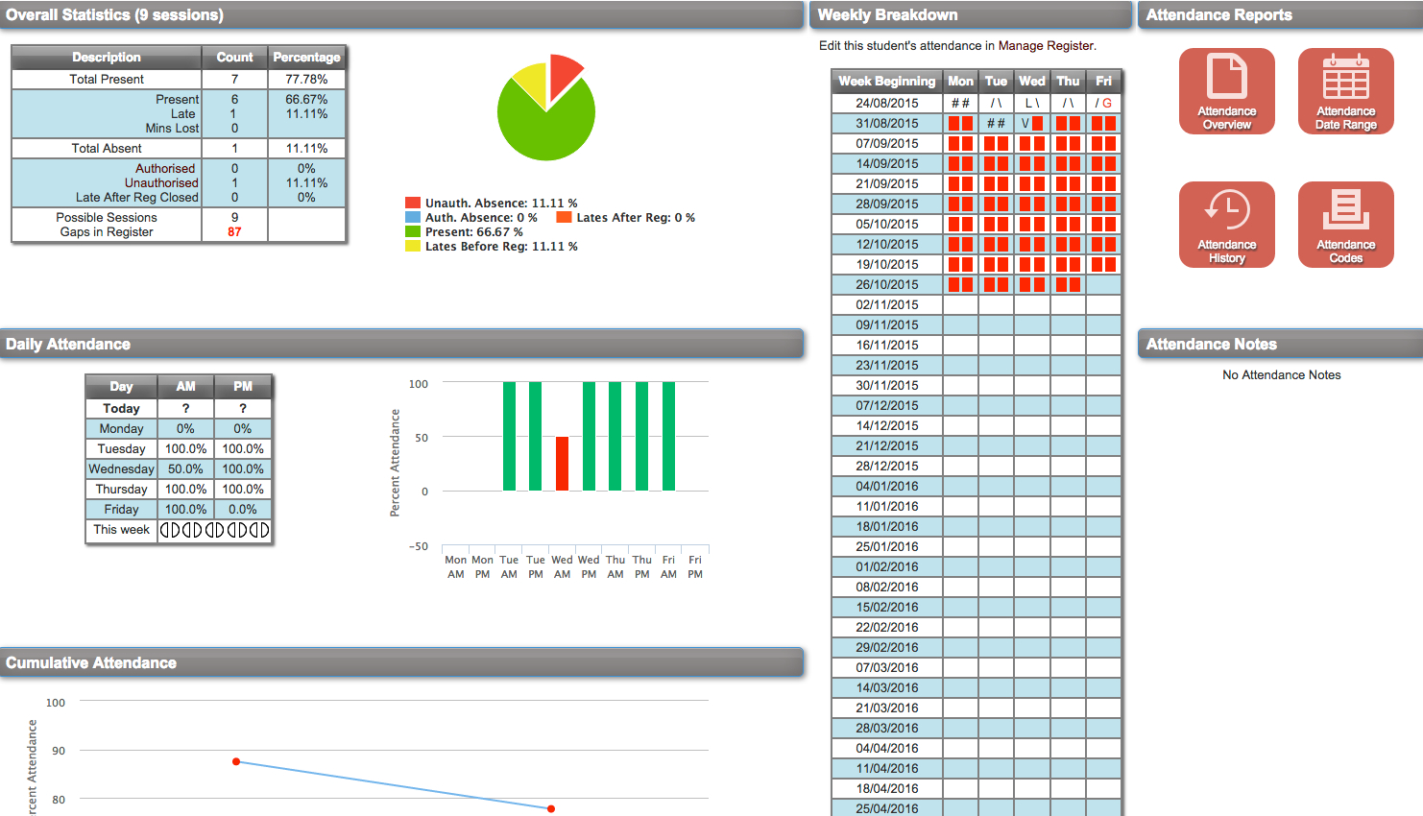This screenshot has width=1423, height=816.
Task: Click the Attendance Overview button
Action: pyautogui.click(x=1226, y=90)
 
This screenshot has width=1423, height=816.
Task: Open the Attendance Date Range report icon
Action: pyautogui.click(x=1345, y=90)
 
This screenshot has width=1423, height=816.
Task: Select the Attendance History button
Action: pyautogui.click(x=1226, y=224)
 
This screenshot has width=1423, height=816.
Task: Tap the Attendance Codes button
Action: pyautogui.click(x=1345, y=224)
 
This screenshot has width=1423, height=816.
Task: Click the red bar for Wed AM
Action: pyautogui.click(x=562, y=464)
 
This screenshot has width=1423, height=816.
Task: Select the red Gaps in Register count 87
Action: pyautogui.click(x=234, y=232)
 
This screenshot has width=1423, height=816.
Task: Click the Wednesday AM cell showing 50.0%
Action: pyautogui.click(x=185, y=469)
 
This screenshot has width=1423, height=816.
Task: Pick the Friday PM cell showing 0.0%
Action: pyautogui.click(x=243, y=510)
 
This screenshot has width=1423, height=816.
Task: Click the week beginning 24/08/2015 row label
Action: pyautogui.click(x=886, y=104)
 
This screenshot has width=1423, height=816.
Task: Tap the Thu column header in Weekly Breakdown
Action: pyautogui.click(x=1068, y=82)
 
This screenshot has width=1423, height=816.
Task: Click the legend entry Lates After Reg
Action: pyautogui.click(x=635, y=218)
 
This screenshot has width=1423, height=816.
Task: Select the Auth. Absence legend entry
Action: pyautogui.click(x=480, y=218)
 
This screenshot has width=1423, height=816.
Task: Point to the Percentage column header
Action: pyautogui.click(x=306, y=58)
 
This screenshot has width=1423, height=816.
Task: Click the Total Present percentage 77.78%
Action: pyautogui.click(x=306, y=80)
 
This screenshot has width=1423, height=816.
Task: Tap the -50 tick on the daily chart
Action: pyautogui.click(x=419, y=546)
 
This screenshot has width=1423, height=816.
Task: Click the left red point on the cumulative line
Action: pyautogui.click(x=236, y=761)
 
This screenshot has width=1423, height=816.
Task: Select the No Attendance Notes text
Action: pyautogui.click(x=1281, y=375)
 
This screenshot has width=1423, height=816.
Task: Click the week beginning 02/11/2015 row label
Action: pyautogui.click(x=886, y=305)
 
